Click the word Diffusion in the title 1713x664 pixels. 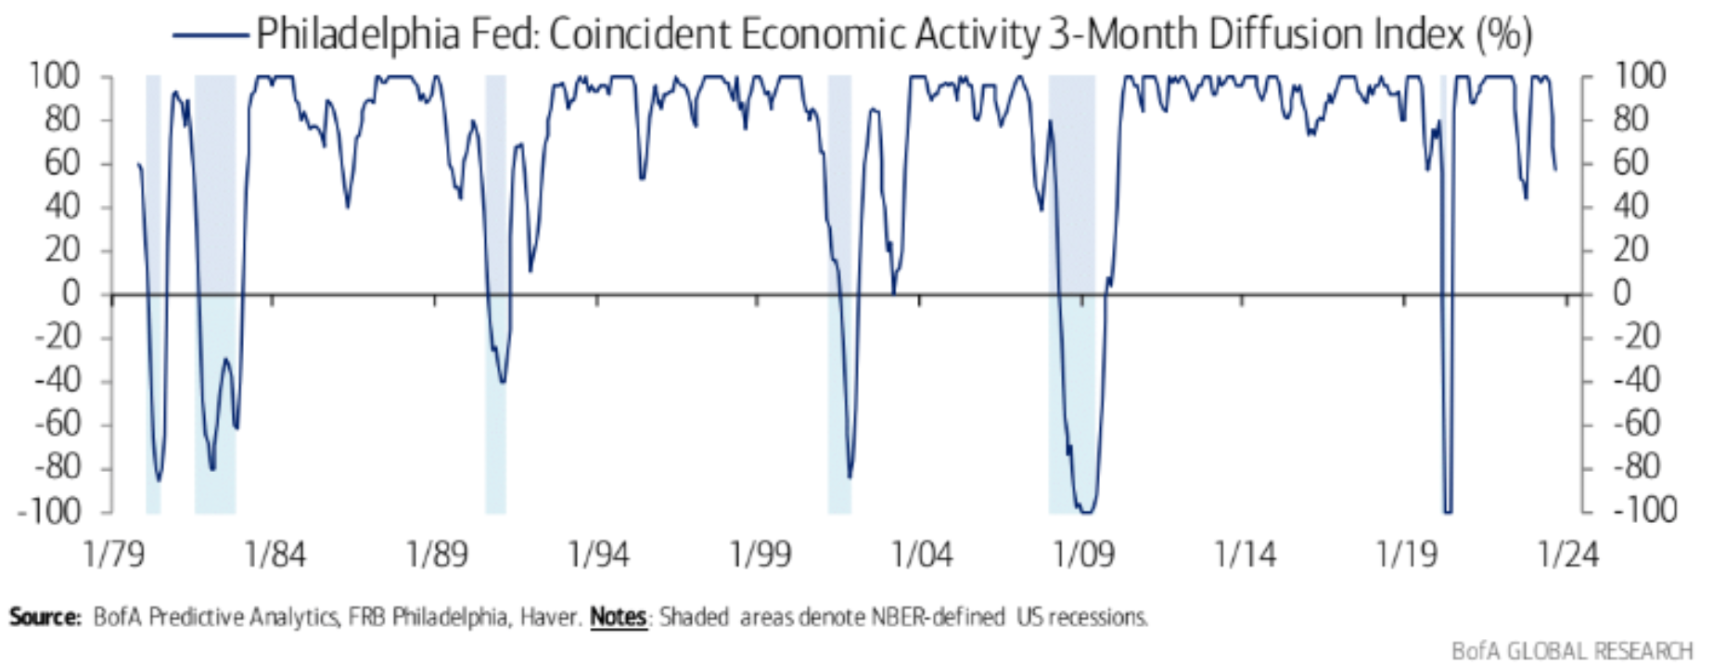point(1301,34)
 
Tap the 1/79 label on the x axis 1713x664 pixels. point(113,555)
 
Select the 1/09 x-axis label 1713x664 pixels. point(1083,555)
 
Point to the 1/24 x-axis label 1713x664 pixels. point(1568,555)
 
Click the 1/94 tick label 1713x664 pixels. point(598,555)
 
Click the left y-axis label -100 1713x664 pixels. point(57,511)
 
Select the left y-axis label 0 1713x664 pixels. point(70,294)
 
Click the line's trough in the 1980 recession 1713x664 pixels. point(159,479)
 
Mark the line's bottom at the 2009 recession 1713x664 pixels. point(1084,511)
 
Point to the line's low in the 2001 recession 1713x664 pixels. point(850,477)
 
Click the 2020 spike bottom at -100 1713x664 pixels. point(1447,511)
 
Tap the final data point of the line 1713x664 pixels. point(1555,169)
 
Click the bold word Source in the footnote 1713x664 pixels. point(45,617)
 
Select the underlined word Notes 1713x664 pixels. point(618,617)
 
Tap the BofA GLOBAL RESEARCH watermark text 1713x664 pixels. point(1571,650)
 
